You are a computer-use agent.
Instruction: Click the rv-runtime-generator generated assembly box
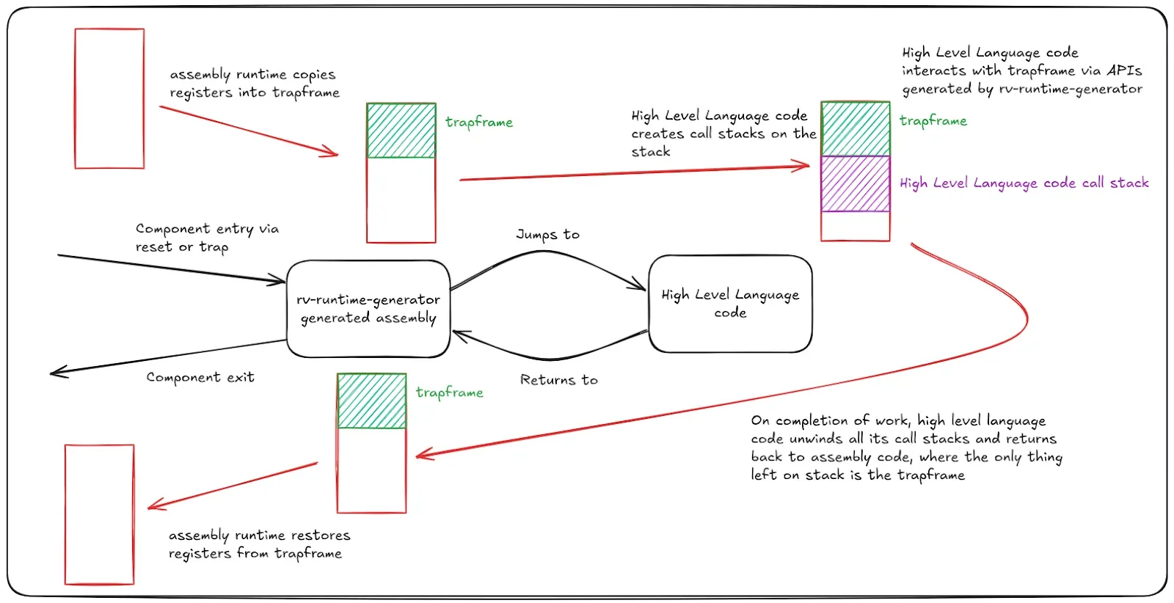(x=368, y=309)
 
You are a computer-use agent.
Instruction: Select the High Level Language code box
(x=730, y=304)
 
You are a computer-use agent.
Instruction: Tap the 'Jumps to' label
(x=547, y=235)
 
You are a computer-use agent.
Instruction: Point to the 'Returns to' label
(x=558, y=380)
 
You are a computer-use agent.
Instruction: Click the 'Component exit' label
(x=200, y=378)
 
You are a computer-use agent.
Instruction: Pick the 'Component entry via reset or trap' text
(x=207, y=238)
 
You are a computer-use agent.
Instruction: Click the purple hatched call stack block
(x=856, y=183)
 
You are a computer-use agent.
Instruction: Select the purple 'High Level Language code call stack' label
(x=1024, y=183)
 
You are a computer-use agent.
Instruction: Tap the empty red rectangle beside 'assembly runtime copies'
(x=109, y=99)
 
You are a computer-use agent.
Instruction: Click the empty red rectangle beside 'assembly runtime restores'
(x=100, y=514)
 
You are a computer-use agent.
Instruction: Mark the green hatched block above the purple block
(x=856, y=129)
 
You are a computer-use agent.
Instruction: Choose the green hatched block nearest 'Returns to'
(x=372, y=401)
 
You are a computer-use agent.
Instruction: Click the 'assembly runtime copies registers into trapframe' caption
(x=254, y=84)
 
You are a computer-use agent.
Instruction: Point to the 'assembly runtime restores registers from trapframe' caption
(x=258, y=544)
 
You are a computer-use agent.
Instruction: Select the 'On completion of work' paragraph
(x=905, y=447)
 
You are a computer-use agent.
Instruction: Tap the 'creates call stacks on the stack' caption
(x=723, y=134)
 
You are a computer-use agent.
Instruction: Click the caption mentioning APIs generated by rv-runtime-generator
(x=1021, y=70)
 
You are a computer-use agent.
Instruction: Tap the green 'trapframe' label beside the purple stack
(x=933, y=121)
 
